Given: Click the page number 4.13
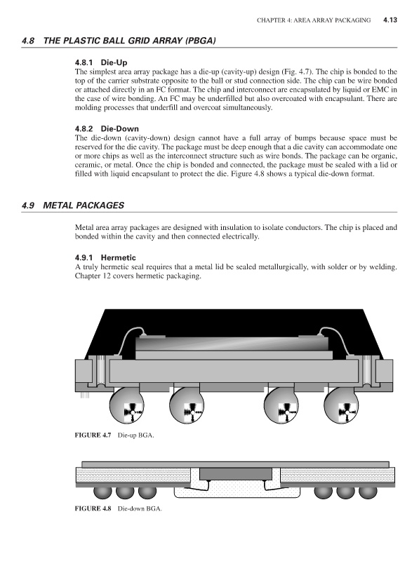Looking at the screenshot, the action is coord(390,20).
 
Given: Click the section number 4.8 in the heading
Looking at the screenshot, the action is coord(28,41).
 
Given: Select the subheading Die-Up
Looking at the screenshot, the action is coord(114,62).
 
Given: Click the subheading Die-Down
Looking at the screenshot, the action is coord(119,129).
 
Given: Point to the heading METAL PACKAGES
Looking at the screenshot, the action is coord(84,205).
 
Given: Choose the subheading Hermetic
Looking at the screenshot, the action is coord(118,257).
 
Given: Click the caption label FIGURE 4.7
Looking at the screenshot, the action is coord(93,435).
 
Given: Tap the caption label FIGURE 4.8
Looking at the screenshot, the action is coord(93,508).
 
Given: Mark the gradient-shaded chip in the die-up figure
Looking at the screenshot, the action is coord(232,344).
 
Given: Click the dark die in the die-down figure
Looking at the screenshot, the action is coord(236,474).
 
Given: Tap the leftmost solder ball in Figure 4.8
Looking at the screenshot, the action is coord(102,492).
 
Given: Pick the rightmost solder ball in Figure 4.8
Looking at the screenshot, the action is coord(368,492).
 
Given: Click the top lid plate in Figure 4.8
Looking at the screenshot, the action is coord(235,464).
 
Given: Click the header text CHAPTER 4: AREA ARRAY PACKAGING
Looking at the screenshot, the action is coord(314,20).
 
